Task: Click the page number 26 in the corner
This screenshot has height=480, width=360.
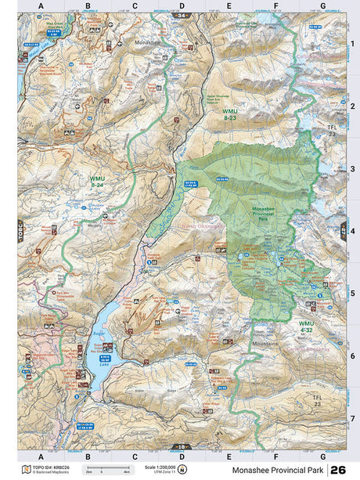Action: [338, 469]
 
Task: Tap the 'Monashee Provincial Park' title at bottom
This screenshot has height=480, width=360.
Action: [278, 470]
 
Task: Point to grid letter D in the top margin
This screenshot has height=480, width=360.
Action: [182, 6]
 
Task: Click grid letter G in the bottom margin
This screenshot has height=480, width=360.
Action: [322, 456]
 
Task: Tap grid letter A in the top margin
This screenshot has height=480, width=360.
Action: [41, 6]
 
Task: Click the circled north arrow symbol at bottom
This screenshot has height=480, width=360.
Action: [182, 470]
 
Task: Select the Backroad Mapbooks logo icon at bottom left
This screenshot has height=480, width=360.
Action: [26, 470]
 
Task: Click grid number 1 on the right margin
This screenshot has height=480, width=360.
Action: [353, 43]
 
